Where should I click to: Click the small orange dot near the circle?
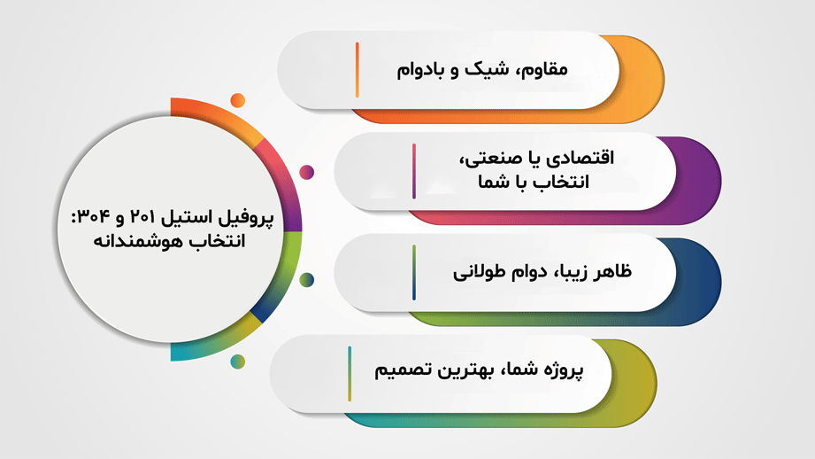point(238,100)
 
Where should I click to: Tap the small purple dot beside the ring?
point(307,172)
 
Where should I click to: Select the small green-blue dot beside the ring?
point(307,280)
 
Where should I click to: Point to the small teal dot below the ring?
point(238,362)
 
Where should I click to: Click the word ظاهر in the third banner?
point(611,271)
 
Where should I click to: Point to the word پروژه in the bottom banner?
point(564,370)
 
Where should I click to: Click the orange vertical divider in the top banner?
point(358,70)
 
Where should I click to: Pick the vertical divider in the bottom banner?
point(350,374)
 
